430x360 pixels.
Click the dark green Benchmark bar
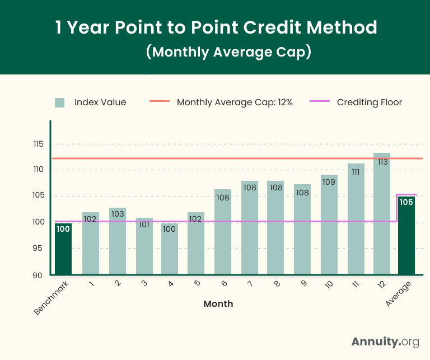[x=63, y=249]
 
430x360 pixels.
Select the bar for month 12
[x=382, y=216]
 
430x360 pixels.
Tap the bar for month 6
[x=223, y=232]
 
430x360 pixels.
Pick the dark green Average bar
[x=406, y=238]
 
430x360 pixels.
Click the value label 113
[x=382, y=162]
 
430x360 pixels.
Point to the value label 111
[x=356, y=172]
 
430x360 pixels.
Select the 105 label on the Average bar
[x=406, y=202]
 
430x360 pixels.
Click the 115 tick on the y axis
[x=38, y=144]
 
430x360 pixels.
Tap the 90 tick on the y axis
[x=38, y=275]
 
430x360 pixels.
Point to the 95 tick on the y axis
[x=38, y=249]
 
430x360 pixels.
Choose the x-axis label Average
[x=398, y=294]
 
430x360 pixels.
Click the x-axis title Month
[x=218, y=304]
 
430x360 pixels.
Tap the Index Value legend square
[x=60, y=102]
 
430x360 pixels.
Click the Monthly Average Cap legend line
[x=159, y=102]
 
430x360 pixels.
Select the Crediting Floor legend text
[x=370, y=102]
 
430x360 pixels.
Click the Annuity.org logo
[x=385, y=342]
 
